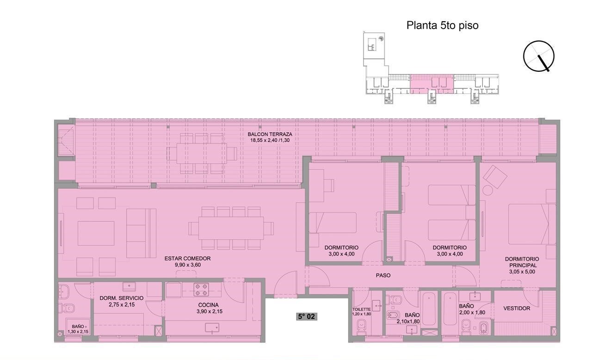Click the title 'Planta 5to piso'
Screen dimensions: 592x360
(442, 25)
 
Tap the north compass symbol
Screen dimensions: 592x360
(539, 56)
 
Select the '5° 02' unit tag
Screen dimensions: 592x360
(306, 317)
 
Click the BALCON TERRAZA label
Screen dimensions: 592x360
(270, 134)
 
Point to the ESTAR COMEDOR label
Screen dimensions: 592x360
(187, 259)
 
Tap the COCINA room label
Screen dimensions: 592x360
(208, 305)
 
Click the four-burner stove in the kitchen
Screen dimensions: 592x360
(201, 289)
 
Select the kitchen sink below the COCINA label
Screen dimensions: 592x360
(212, 328)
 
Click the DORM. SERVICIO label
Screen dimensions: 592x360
(122, 298)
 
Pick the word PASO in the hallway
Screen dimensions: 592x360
(383, 275)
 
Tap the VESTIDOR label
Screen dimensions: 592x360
(517, 309)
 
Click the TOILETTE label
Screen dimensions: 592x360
(361, 310)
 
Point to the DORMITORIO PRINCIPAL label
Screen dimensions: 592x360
(522, 262)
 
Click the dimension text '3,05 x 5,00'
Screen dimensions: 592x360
(522, 272)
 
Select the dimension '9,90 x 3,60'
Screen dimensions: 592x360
(187, 265)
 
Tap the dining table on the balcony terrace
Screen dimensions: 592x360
(201, 153)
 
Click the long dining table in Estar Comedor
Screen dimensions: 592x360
(231, 228)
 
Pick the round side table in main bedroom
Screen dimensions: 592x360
(488, 190)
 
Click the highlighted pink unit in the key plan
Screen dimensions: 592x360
(432, 84)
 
